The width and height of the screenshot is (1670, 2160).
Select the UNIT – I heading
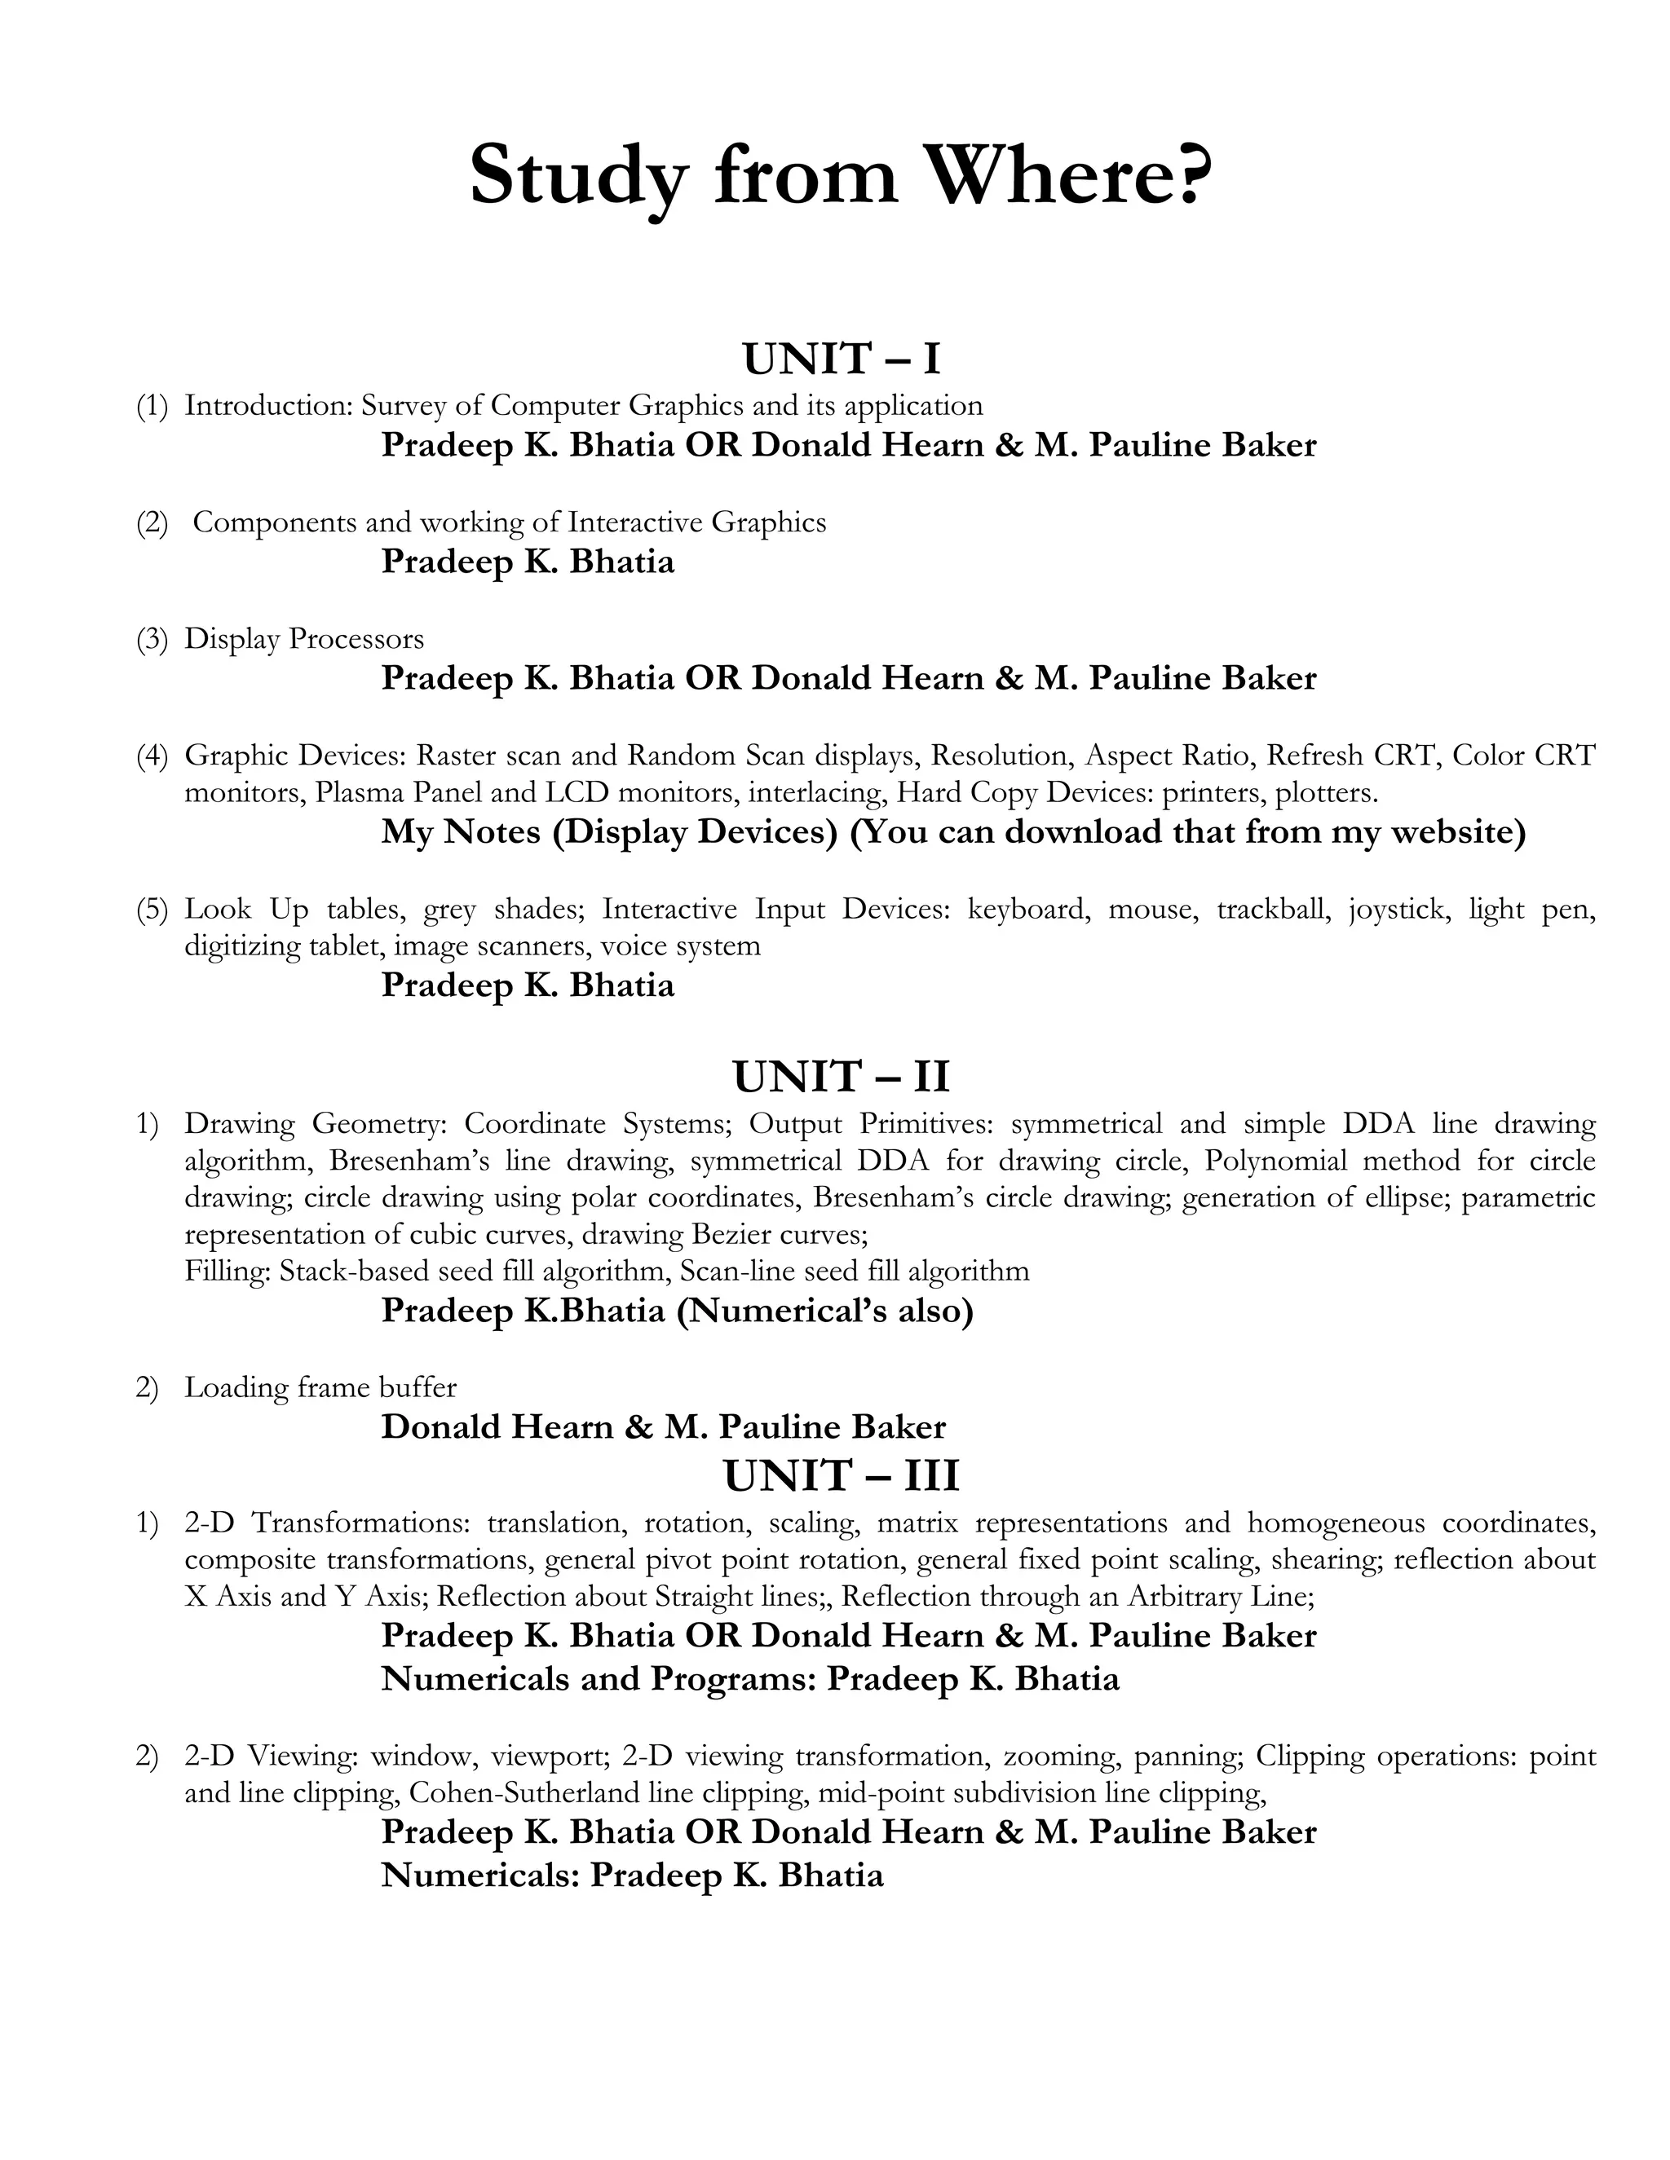pyautogui.click(x=841, y=358)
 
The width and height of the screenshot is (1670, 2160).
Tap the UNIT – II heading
pyautogui.click(x=841, y=1076)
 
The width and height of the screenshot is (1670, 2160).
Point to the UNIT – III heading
pyautogui.click(x=841, y=1475)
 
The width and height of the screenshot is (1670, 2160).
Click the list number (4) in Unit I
pyautogui.click(x=152, y=756)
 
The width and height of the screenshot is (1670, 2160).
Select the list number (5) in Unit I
pyautogui.click(x=152, y=909)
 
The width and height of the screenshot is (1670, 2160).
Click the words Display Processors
pyautogui.click(x=303, y=639)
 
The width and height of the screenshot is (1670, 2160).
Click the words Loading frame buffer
pyautogui.click(x=320, y=1387)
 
